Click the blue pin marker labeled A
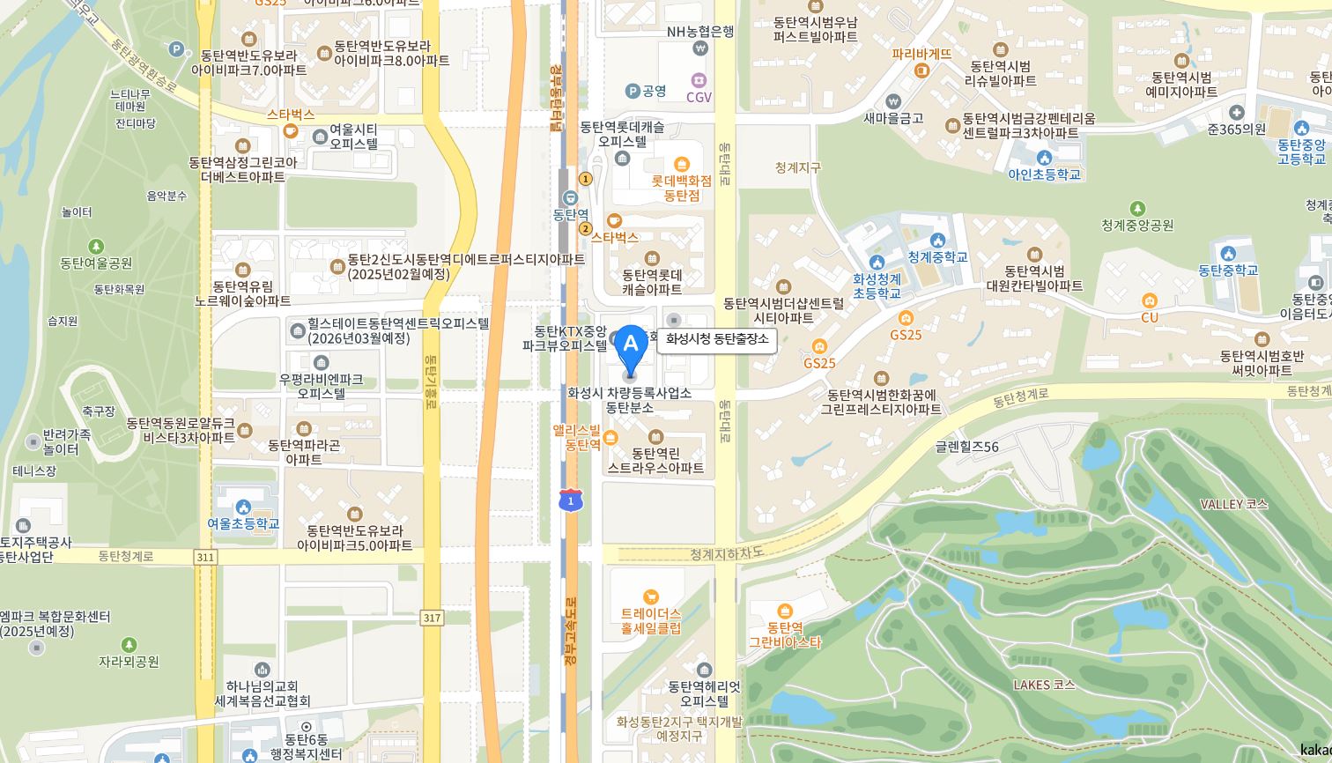coord(630,349)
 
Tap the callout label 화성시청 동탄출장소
coord(717,339)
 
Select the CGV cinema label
coord(699,96)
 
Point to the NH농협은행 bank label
coord(700,31)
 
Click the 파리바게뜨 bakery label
coord(921,54)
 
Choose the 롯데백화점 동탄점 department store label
coord(681,188)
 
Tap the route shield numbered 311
coord(205,557)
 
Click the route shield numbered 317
coord(432,618)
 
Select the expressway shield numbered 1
coord(571,500)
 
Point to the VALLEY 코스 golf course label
coord(1233,504)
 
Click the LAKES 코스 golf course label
coord(1044,685)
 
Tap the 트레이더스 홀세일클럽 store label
coord(651,620)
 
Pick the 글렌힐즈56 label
coord(966,447)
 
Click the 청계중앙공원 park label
coord(1137,225)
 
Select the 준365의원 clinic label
coord(1237,129)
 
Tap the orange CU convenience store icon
coord(1150,301)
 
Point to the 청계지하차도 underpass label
coord(726,553)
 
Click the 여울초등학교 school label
coord(243,522)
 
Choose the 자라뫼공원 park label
coord(129,660)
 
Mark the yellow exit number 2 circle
coord(585,229)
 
